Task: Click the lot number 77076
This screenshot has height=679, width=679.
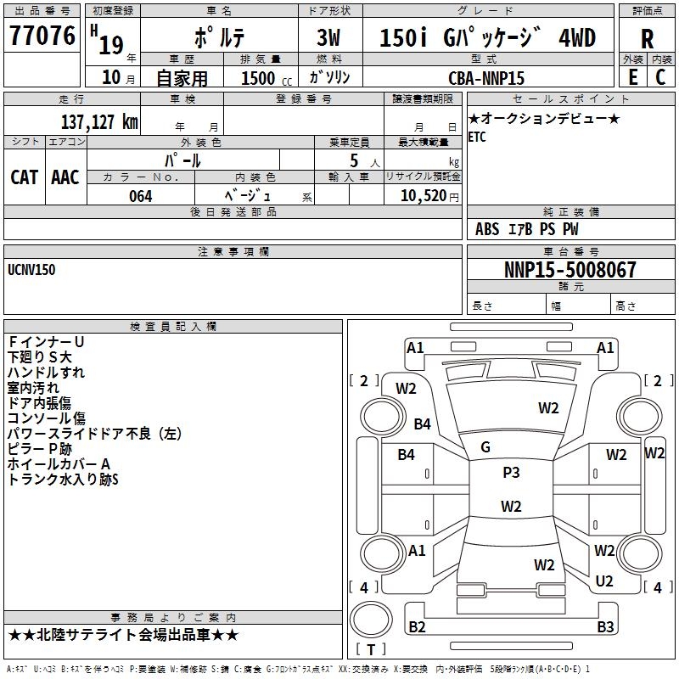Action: click(x=42, y=36)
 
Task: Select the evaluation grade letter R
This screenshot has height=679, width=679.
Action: click(x=647, y=39)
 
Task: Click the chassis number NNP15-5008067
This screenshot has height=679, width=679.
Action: click(x=570, y=271)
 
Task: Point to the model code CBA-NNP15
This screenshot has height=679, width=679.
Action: click(x=485, y=78)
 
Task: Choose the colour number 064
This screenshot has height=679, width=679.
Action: click(x=140, y=196)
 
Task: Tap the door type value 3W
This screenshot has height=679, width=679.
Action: click(x=328, y=38)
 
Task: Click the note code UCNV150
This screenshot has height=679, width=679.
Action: click(x=31, y=270)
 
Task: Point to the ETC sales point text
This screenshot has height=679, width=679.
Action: click(x=477, y=137)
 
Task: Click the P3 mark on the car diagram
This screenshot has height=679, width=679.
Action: click(x=511, y=473)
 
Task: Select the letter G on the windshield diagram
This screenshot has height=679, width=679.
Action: click(x=485, y=447)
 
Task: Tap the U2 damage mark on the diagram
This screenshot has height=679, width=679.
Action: click(x=604, y=581)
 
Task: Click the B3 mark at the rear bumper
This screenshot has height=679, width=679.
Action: click(x=605, y=627)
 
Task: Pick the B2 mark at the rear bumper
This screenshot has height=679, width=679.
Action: click(x=417, y=627)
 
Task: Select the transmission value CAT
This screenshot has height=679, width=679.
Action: click(x=25, y=177)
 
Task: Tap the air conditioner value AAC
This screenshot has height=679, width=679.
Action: click(x=65, y=177)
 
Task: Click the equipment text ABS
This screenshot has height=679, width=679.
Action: click(x=487, y=229)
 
